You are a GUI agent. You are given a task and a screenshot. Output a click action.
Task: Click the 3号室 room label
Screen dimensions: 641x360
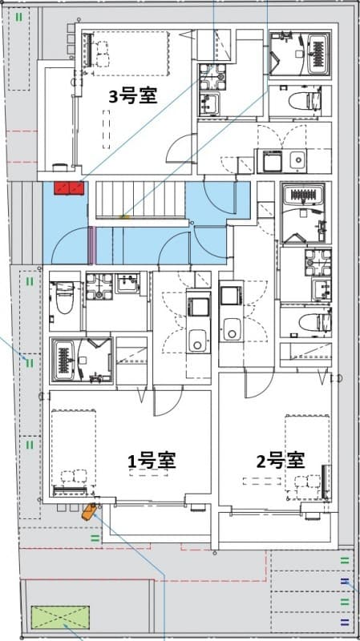coord(132,96)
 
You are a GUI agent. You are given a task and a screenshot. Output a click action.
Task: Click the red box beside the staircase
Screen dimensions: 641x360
coord(70,188)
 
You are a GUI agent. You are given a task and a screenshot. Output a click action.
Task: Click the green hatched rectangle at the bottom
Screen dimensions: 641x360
coord(60,618)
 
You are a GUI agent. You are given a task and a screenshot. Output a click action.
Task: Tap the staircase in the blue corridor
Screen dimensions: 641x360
coord(140,200)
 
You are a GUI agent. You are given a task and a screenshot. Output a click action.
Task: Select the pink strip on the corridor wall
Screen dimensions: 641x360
coord(92,245)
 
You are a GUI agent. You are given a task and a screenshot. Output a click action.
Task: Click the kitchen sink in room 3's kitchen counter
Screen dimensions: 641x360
coord(297,159)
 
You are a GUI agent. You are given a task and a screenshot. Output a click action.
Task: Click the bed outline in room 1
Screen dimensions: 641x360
coord(74,449)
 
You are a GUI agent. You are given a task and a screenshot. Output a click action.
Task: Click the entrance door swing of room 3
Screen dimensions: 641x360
coord(180,148)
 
